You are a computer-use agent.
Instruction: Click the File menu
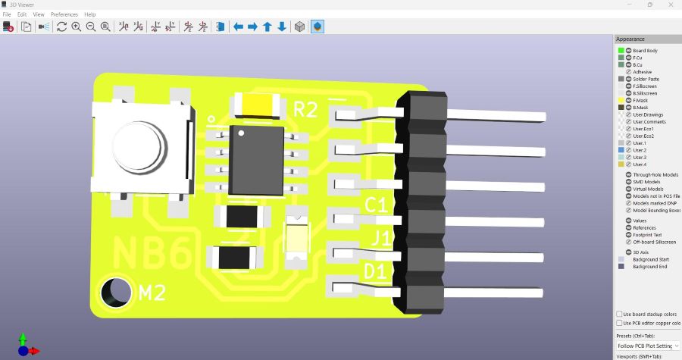(8, 14)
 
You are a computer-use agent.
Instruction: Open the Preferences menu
(64, 14)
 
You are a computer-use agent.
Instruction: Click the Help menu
(90, 14)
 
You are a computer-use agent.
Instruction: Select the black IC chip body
(257, 159)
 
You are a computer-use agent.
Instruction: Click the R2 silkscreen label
(305, 110)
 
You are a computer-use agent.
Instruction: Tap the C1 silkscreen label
(377, 205)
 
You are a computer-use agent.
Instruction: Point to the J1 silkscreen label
(380, 239)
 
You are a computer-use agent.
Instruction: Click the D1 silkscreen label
(377, 271)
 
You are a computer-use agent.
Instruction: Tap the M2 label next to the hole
(153, 293)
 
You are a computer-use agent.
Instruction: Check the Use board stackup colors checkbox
(620, 314)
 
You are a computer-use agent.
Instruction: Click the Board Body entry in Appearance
(645, 51)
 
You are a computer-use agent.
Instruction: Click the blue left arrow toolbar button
(238, 27)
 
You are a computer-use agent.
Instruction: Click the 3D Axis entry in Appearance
(641, 252)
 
